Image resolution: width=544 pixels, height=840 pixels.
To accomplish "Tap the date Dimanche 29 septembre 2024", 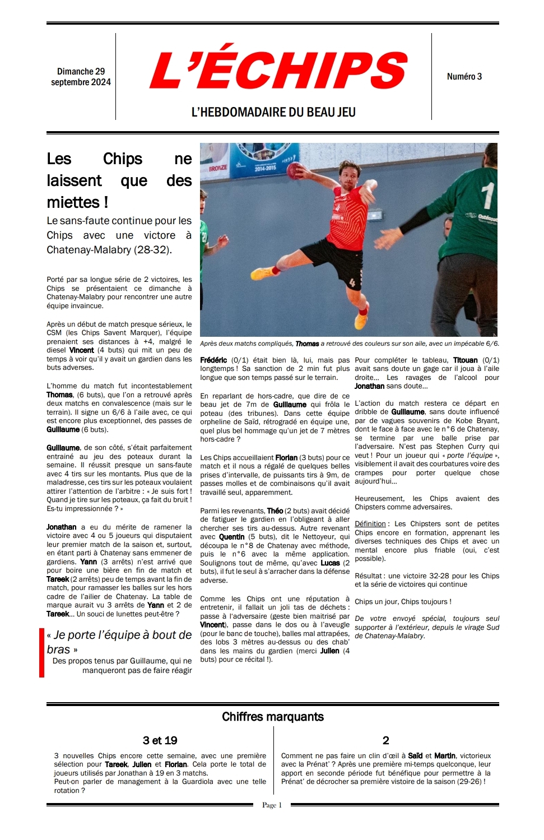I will (x=81, y=77).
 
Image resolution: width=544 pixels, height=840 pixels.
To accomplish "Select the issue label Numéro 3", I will (x=464, y=77).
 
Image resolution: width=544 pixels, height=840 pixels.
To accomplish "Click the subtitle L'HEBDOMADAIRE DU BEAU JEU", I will (x=273, y=112).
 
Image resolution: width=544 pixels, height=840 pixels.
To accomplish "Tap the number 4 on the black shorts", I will (x=352, y=282).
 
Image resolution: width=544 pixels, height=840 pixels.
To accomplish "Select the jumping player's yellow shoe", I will (x=361, y=321).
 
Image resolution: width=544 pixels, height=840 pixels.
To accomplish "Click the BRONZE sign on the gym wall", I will (x=218, y=168).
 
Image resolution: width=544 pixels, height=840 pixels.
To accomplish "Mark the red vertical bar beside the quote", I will (x=41, y=653).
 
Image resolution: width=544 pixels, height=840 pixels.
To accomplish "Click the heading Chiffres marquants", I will (x=272, y=717).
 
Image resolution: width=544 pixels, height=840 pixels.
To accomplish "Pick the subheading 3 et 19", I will (x=160, y=741).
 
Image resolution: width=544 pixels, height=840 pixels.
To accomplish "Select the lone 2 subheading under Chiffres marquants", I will (x=385, y=741).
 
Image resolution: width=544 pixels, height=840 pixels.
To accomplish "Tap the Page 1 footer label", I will (x=272, y=805).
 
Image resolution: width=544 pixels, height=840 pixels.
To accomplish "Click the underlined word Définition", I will (x=370, y=524).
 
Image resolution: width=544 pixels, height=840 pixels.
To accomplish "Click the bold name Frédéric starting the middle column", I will (x=213, y=360).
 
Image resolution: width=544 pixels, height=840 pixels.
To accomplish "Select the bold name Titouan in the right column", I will (x=465, y=360).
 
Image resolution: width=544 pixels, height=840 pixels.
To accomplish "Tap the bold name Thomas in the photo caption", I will (x=307, y=344).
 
